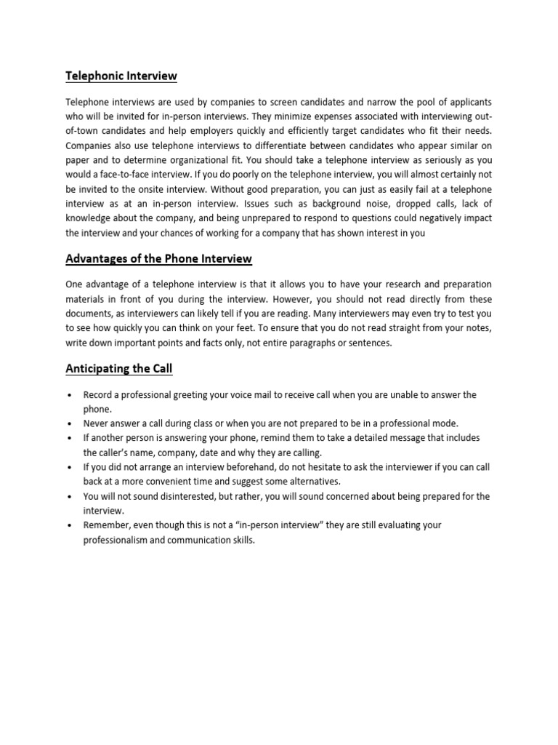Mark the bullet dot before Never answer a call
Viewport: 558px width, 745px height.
click(68, 423)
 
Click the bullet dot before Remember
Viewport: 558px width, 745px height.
click(68, 525)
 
